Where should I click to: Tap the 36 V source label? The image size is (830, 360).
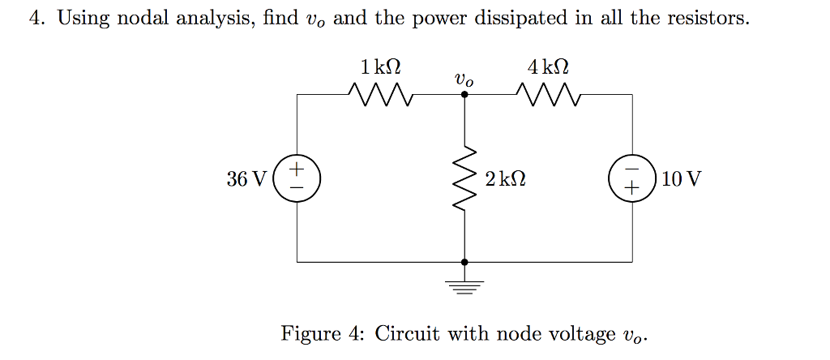[246, 179]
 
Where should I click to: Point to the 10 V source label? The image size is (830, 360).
[682, 179]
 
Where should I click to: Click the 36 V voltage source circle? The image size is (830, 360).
[297, 178]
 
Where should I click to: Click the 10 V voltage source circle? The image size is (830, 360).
[631, 178]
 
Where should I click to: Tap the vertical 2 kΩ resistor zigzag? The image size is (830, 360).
[464, 178]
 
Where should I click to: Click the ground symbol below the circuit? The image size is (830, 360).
[464, 285]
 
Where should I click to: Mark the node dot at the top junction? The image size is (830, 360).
[464, 94]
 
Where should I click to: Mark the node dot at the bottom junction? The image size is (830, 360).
[464, 262]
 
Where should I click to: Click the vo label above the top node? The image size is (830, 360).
[464, 79]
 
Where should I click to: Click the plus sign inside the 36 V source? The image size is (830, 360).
[297, 169]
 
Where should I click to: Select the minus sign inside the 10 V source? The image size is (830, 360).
[631, 169]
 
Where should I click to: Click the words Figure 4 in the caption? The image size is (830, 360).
[323, 333]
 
